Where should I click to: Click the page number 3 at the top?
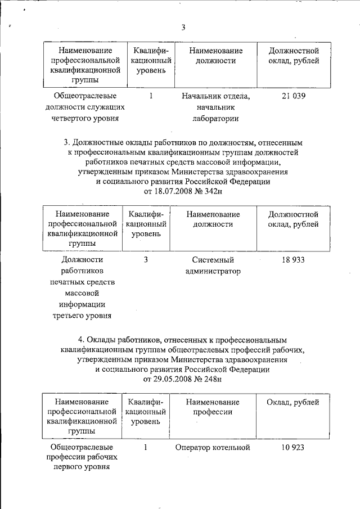point(183,29)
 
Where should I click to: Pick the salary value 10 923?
point(293,448)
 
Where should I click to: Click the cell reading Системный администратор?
point(212,265)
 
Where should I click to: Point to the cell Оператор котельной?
point(212,448)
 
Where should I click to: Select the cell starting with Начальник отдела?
point(215,107)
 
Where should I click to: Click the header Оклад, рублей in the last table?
point(293,403)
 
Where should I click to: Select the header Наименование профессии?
point(212,408)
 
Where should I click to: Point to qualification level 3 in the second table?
point(146,260)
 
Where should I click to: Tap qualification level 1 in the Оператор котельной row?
point(146,448)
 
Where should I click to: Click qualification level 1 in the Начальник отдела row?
point(151,96)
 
